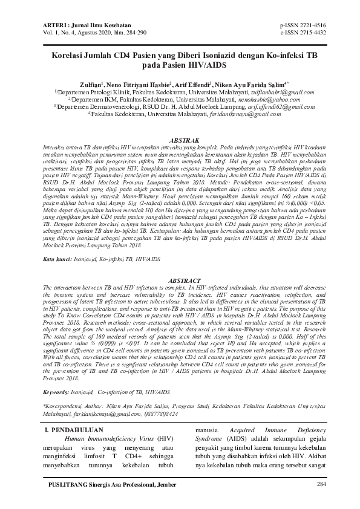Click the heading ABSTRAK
tap(179, 140)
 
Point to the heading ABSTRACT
tap(179, 281)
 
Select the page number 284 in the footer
tap(321, 484)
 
